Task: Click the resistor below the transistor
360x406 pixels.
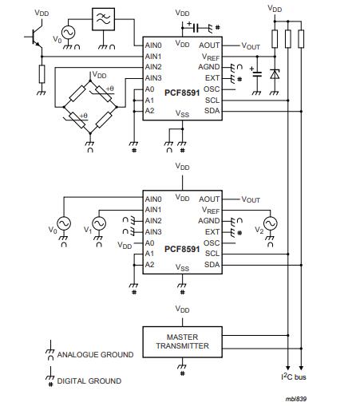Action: click(42, 73)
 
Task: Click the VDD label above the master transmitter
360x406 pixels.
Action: click(182, 308)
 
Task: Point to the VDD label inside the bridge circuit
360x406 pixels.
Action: click(99, 74)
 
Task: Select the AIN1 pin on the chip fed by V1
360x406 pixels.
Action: click(153, 210)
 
